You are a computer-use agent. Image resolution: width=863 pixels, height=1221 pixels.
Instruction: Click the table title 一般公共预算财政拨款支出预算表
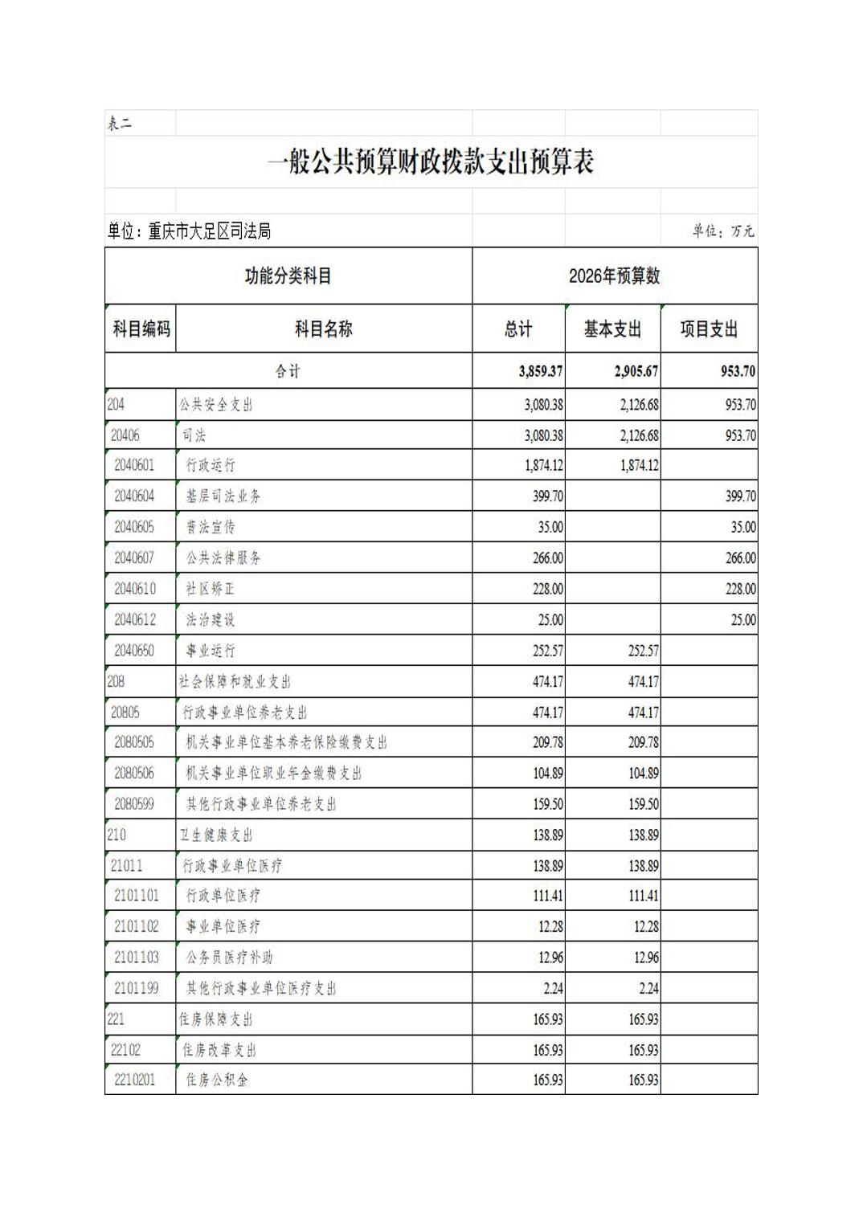coord(431,163)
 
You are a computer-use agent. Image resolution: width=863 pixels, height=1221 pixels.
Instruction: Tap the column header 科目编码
coord(141,329)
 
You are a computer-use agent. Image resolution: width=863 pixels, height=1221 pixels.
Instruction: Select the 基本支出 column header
coord(612,329)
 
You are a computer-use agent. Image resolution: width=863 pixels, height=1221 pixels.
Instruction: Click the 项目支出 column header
coord(709,329)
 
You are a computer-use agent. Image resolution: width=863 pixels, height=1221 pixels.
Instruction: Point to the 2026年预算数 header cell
coord(615,276)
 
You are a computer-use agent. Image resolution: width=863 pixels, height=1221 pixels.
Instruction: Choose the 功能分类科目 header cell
coord(288,276)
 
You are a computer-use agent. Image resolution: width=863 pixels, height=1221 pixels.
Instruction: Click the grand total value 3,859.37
coord(541,372)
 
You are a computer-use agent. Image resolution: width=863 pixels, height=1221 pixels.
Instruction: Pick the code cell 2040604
coord(134,496)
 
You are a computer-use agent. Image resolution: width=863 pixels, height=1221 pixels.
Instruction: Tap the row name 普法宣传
coord(211,527)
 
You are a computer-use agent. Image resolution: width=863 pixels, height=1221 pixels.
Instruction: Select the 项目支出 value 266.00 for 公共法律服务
coord(740,558)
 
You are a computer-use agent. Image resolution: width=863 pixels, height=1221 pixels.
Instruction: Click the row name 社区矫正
coord(211,589)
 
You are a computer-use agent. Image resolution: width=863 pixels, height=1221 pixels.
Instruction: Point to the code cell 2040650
coord(134,651)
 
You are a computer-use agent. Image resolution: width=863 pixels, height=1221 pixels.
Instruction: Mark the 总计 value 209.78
coord(548,743)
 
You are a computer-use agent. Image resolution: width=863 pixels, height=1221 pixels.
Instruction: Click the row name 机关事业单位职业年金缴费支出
coord(274,774)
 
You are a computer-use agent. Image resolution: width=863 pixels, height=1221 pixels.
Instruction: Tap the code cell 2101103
coord(137,958)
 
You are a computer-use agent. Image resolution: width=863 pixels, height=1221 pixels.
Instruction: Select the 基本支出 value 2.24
coord(648,989)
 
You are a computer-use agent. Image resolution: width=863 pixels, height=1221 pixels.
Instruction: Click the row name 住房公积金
coord(217,1080)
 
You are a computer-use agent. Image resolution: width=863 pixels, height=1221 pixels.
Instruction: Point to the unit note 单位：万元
coord(723,231)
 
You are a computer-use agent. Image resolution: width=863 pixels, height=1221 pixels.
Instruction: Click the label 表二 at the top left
coord(120,124)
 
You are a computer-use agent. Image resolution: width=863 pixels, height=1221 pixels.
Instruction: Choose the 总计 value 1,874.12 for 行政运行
coord(544,466)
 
